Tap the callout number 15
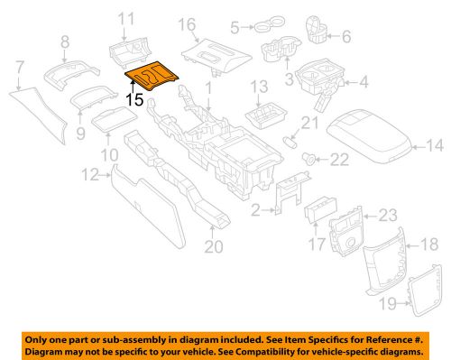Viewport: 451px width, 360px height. click(134, 100)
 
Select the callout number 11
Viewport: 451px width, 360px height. click(126, 18)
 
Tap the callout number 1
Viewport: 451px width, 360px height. click(209, 89)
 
